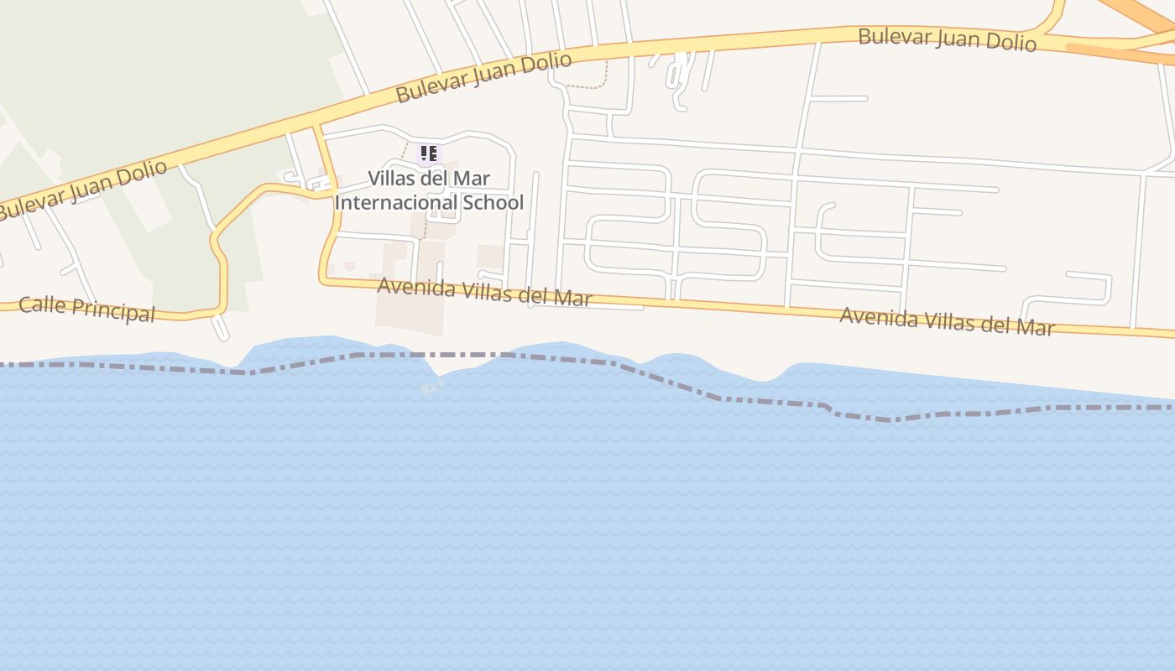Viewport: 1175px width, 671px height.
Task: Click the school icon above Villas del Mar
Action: tap(429, 153)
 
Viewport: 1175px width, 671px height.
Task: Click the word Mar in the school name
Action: tap(473, 179)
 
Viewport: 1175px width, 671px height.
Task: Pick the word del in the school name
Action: tap(436, 179)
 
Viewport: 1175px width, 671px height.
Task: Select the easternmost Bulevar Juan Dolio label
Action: tap(947, 39)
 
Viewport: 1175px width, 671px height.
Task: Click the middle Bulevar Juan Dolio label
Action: tap(483, 77)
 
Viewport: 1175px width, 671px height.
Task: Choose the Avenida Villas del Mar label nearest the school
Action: tap(484, 292)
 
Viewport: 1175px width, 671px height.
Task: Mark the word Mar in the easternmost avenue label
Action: tap(1037, 326)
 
